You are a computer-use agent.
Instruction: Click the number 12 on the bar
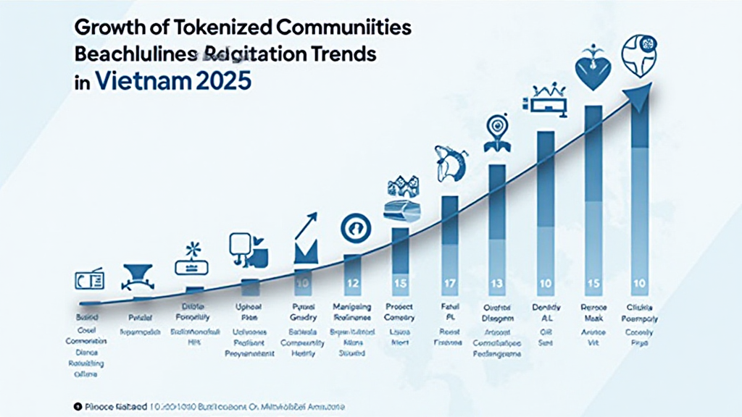[352, 282]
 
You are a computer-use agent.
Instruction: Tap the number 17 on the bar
[449, 282]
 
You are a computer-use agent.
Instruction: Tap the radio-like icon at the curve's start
[90, 279]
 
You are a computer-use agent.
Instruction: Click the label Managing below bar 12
[352, 306]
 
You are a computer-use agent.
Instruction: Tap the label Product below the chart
[399, 306]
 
